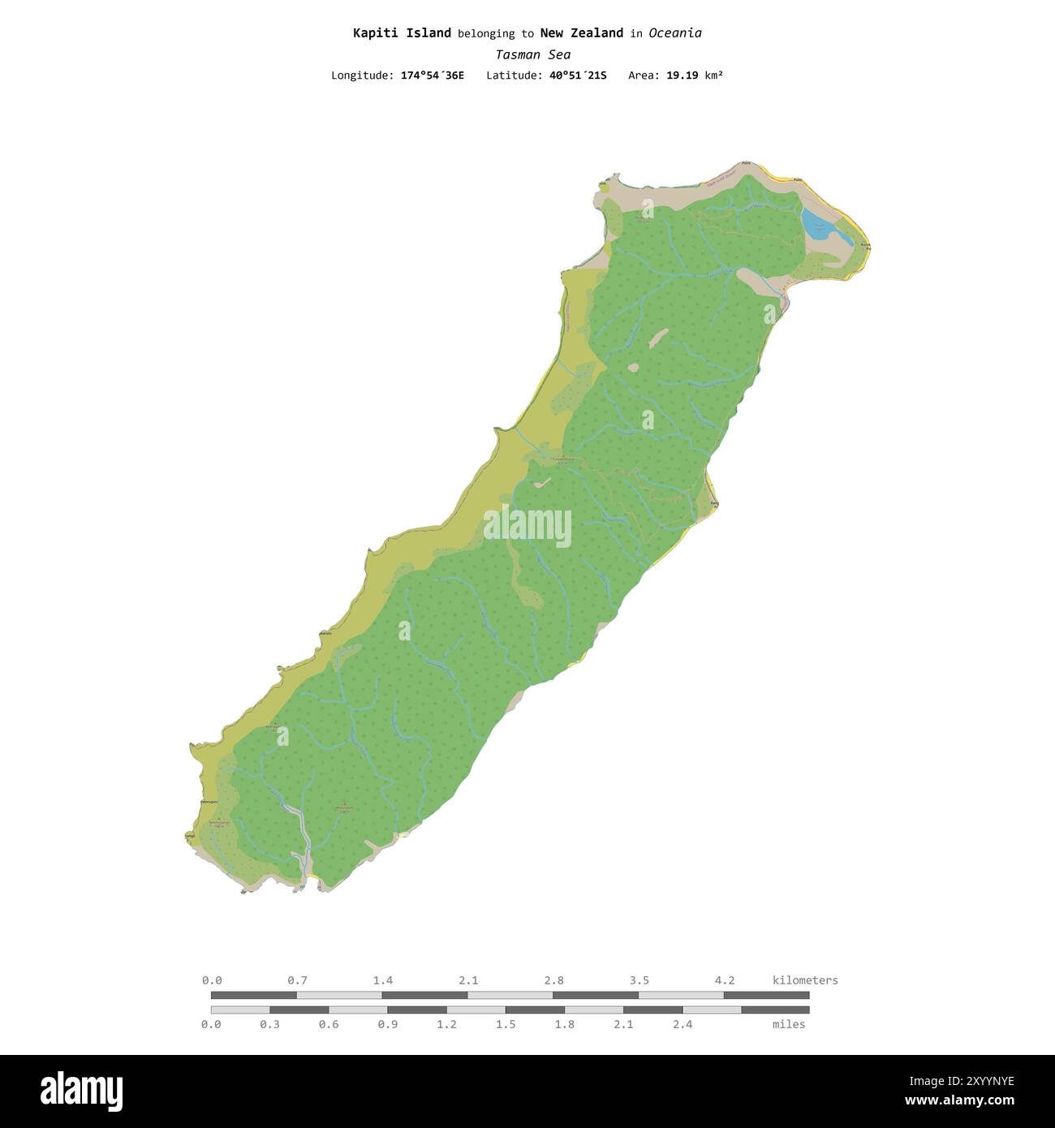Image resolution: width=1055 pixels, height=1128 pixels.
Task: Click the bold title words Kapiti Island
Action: click(x=402, y=33)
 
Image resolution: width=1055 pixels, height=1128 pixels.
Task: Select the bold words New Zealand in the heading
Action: click(x=581, y=33)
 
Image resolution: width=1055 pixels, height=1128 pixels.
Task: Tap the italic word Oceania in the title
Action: click(x=674, y=33)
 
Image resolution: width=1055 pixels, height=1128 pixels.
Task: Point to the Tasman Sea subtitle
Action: click(x=533, y=54)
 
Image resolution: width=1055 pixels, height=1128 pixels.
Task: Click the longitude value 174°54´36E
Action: click(x=433, y=75)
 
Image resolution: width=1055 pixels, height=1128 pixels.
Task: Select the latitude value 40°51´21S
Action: click(x=578, y=75)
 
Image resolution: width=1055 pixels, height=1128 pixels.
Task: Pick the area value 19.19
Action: click(x=682, y=75)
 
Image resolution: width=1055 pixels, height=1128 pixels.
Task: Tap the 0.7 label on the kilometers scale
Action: click(x=297, y=980)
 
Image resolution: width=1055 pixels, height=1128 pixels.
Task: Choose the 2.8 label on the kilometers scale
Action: click(x=554, y=980)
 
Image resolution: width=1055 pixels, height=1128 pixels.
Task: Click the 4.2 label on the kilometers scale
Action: click(x=725, y=980)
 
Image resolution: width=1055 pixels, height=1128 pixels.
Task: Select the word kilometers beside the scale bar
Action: click(x=805, y=980)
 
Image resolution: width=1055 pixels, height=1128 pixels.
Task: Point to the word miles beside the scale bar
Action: click(x=789, y=1024)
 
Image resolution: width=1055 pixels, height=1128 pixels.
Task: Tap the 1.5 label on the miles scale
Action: click(x=506, y=1024)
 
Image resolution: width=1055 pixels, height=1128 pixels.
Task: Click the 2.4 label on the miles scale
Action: click(x=683, y=1024)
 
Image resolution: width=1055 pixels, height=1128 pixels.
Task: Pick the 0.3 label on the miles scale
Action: click(x=269, y=1024)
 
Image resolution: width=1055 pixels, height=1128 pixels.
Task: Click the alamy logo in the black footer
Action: click(x=81, y=1091)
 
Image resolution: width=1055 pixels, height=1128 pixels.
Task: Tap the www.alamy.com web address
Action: click(x=959, y=1101)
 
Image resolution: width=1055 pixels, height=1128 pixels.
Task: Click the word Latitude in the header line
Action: click(x=514, y=75)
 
